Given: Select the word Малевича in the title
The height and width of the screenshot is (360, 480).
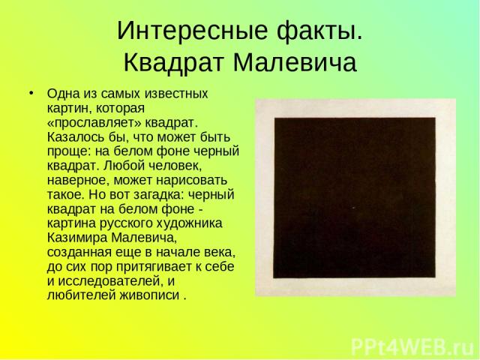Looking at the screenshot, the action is (x=295, y=62).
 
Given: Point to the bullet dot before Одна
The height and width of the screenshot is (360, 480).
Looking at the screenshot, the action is (x=31, y=92).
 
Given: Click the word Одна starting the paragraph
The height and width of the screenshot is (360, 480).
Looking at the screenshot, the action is (x=63, y=93).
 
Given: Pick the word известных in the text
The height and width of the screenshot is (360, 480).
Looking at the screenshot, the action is (x=176, y=94).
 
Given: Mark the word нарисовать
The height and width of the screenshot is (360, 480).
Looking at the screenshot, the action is (x=192, y=180).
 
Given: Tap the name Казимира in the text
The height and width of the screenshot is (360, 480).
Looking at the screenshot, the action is (x=77, y=238).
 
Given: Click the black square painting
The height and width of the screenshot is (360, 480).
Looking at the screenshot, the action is (x=355, y=197).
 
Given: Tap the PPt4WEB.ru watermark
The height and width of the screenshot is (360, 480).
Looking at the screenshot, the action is (x=412, y=347).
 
